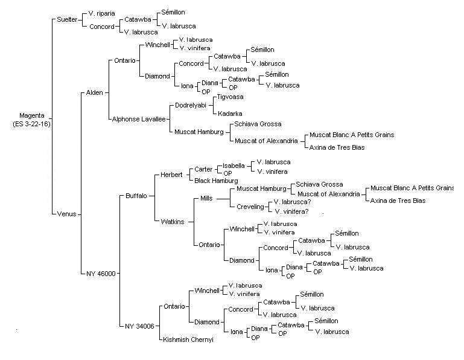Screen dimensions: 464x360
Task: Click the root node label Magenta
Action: coord(31,115)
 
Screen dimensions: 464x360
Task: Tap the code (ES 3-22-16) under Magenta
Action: coord(31,124)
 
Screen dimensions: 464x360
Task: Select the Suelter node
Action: coord(67,19)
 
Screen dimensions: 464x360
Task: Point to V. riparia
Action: coord(101,14)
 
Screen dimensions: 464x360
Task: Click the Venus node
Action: coord(66,214)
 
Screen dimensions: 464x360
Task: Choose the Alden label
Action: coord(94,93)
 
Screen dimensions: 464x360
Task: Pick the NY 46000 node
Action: coord(101,274)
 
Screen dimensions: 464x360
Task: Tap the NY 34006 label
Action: coord(139,326)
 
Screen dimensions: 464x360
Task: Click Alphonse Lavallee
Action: coord(139,119)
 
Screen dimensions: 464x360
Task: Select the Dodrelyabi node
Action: coord(191,105)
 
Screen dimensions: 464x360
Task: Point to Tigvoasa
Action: coord(230,97)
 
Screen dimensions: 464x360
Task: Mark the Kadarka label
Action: coord(230,114)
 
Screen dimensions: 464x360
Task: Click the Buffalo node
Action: coord(136,196)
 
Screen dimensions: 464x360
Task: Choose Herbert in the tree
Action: coord(171,175)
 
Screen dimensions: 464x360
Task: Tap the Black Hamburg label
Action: coord(216,181)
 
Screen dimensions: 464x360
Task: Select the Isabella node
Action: coord(234,166)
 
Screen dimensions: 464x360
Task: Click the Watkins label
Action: coord(173,222)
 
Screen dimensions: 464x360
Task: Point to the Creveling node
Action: coord(250,207)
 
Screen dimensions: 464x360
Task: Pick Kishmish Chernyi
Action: coord(188,339)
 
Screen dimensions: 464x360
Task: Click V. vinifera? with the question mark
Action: coord(291,211)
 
